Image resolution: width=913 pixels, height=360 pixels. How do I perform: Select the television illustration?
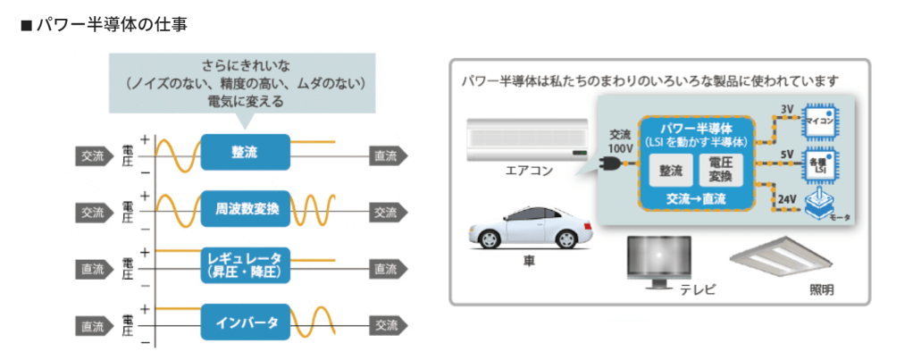tap(658, 260)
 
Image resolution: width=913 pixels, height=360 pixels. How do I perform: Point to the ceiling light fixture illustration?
tap(781, 257)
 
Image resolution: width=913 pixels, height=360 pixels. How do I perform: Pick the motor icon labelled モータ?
tap(821, 205)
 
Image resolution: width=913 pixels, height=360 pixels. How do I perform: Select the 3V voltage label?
tap(787, 110)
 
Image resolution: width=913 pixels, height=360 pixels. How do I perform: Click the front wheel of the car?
tap(490, 240)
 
